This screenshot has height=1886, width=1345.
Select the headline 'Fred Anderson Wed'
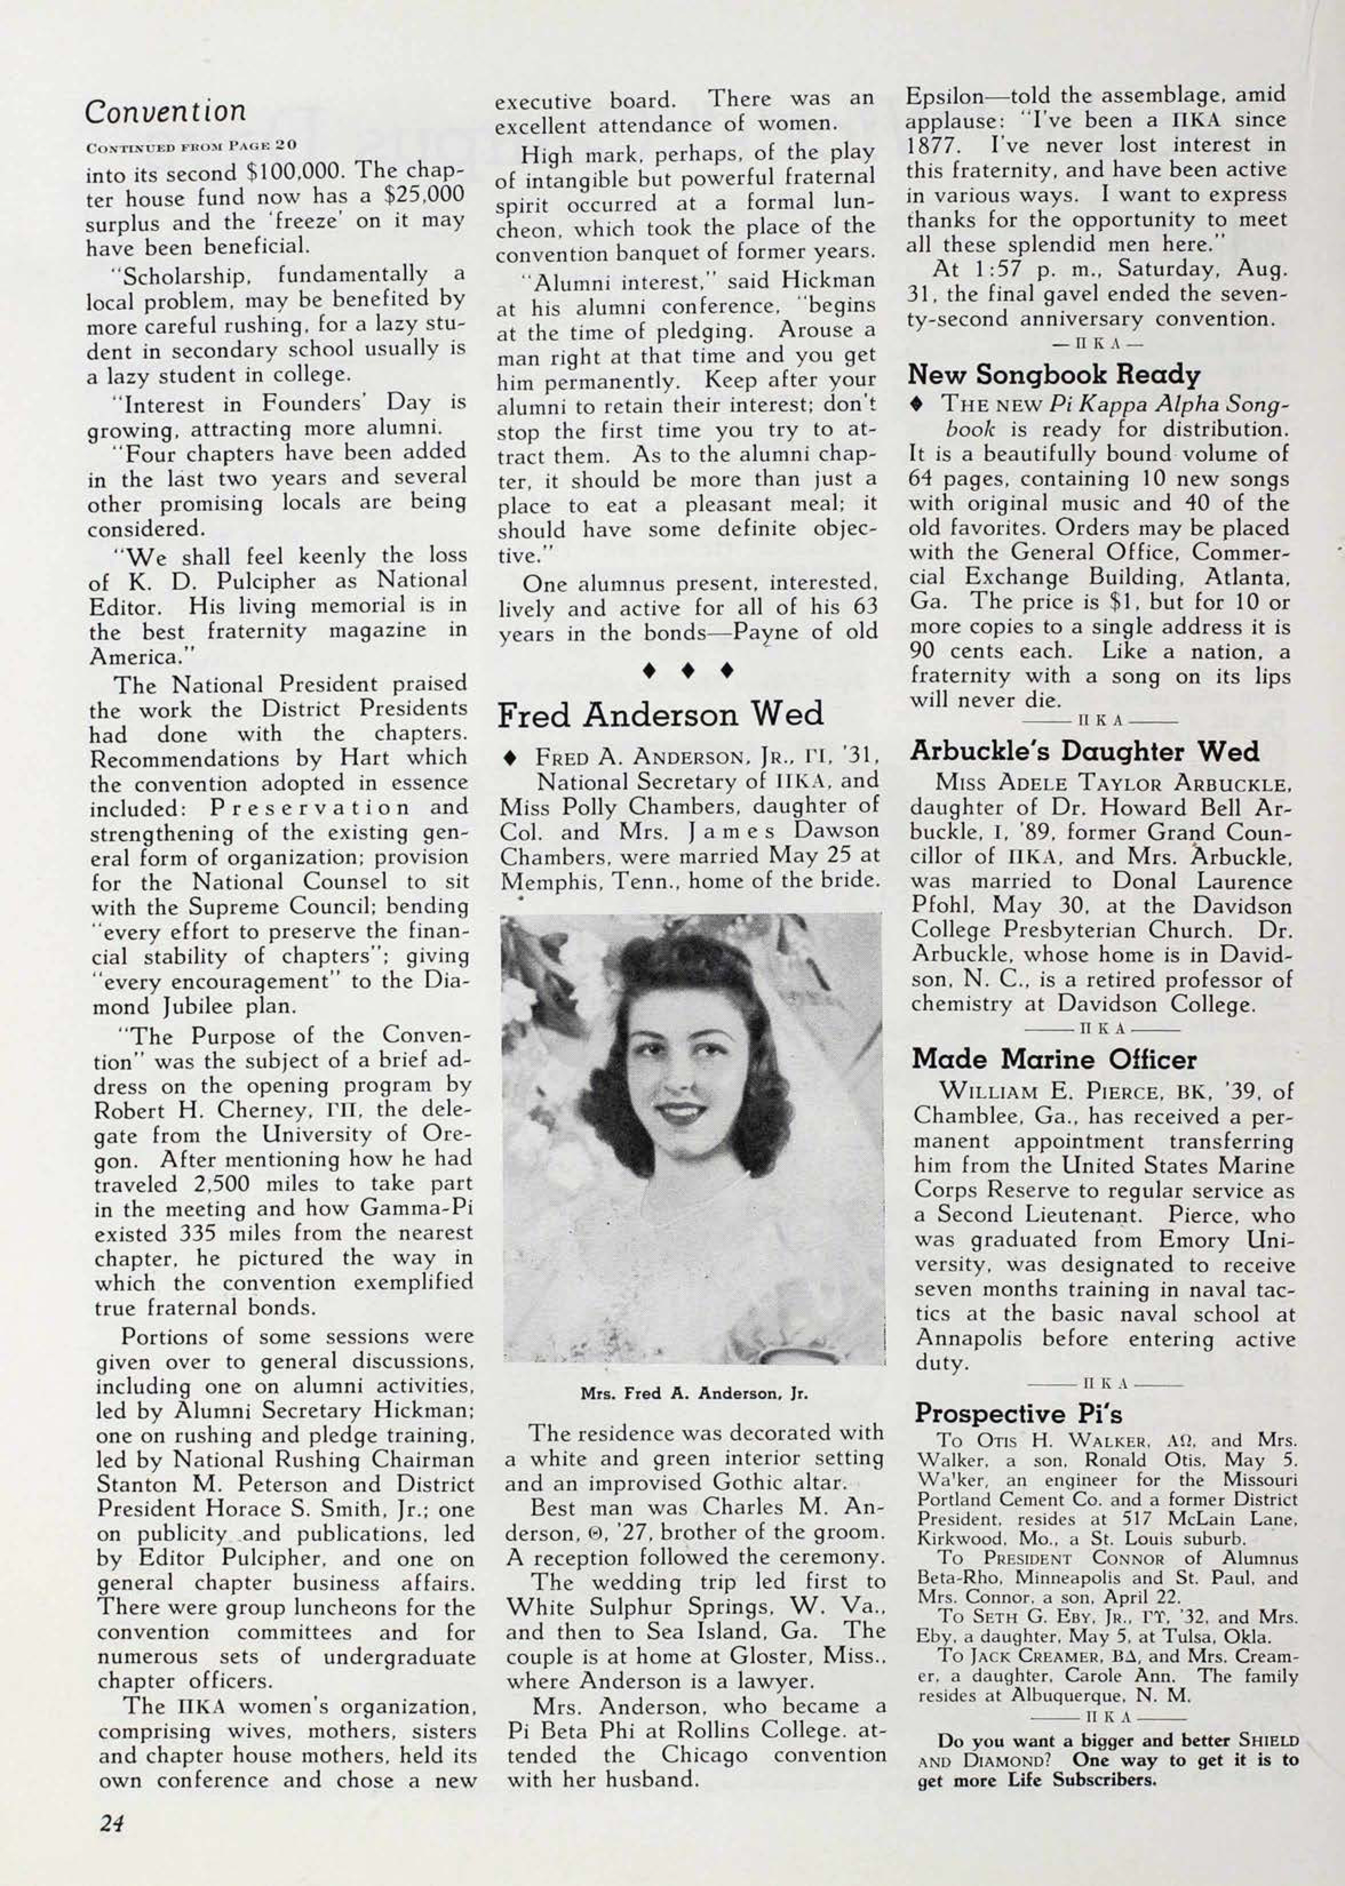pyautogui.click(x=660, y=715)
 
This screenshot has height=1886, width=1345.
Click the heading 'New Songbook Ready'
pyautogui.click(x=1053, y=375)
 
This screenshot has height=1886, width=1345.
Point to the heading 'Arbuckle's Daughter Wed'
pyautogui.click(x=1084, y=751)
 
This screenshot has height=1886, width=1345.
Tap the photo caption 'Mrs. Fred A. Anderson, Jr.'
pyautogui.click(x=693, y=1393)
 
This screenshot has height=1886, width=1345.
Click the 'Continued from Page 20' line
pyautogui.click(x=192, y=146)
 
